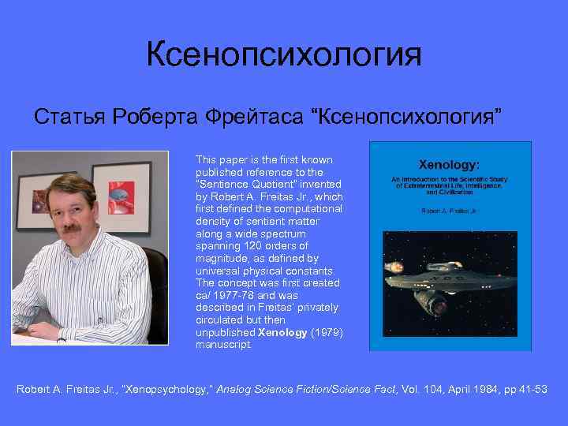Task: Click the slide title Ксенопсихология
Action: (284, 55)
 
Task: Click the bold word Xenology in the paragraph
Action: (282, 332)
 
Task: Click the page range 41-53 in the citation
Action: (533, 390)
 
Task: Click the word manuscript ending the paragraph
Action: (223, 345)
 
